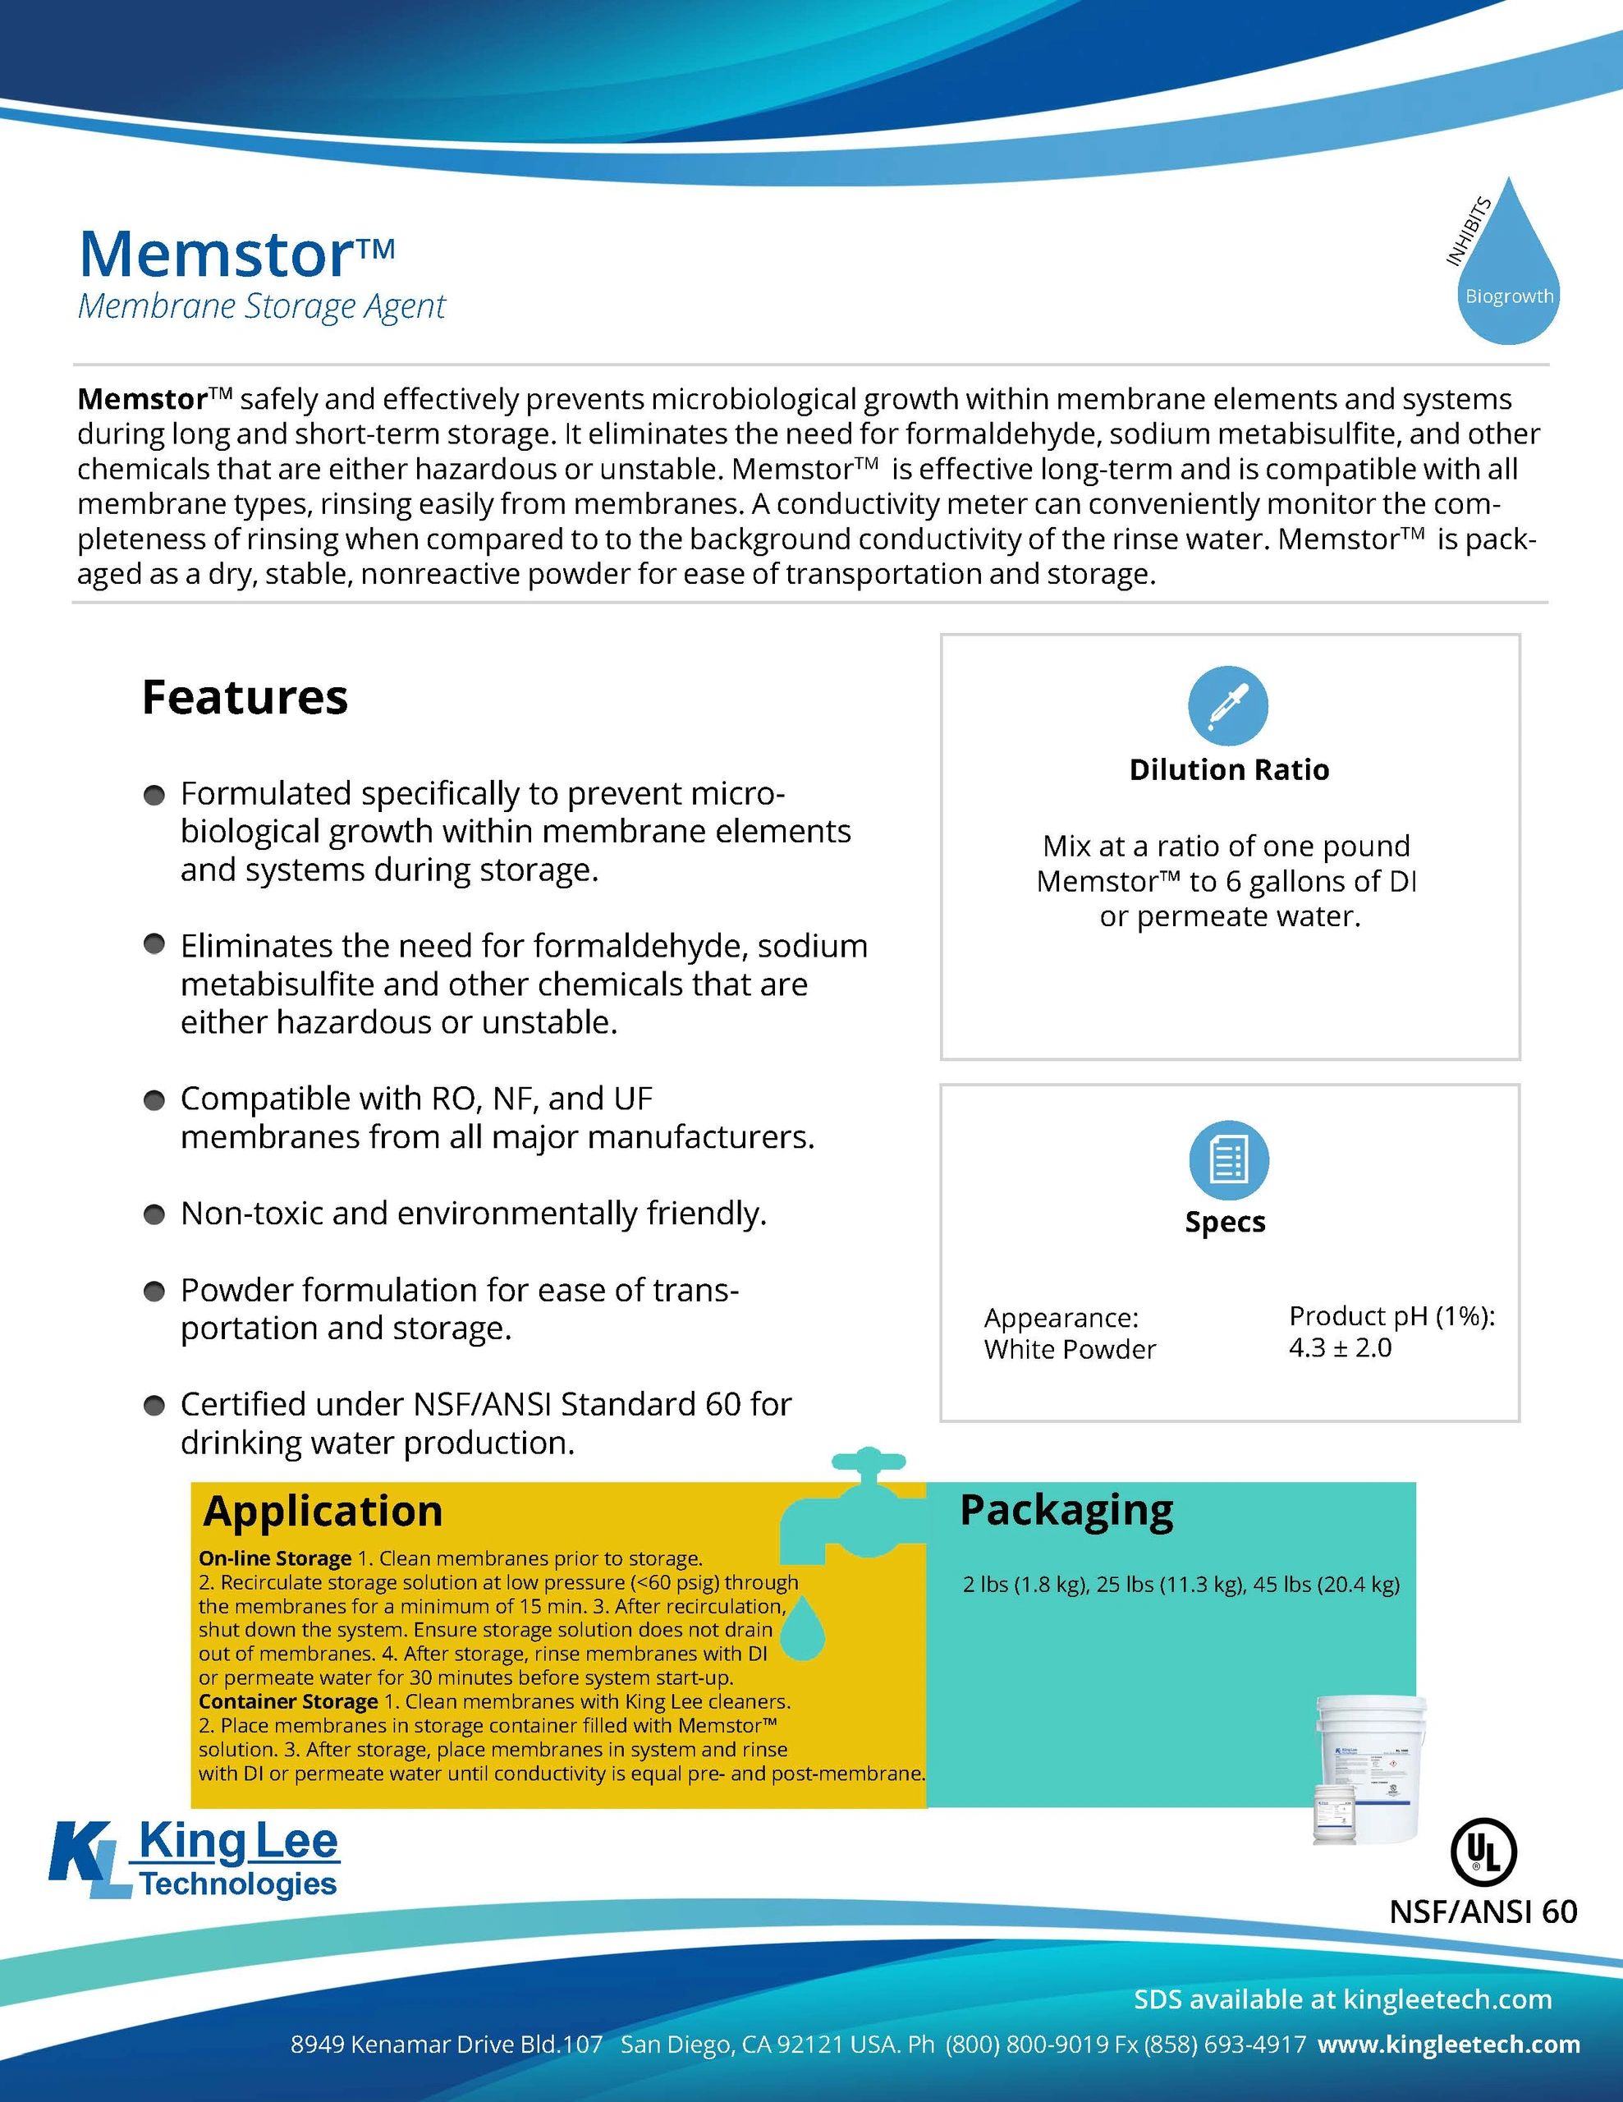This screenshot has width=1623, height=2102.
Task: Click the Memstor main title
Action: pyautogui.click(x=236, y=253)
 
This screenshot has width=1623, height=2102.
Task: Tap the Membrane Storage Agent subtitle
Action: pyautogui.click(x=261, y=306)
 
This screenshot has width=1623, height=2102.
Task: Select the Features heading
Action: pyautogui.click(x=245, y=697)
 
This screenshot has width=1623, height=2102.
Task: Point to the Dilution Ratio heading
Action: pyautogui.click(x=1229, y=770)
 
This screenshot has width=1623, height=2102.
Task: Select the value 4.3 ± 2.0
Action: pyautogui.click(x=1339, y=1347)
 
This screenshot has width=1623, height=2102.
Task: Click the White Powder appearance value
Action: pyautogui.click(x=1069, y=1349)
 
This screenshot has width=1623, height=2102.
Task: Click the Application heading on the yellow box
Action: pyautogui.click(x=323, y=1511)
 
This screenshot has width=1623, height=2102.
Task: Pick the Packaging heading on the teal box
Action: pyautogui.click(x=1066, y=1510)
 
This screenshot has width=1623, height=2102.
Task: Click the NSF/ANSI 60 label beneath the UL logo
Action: pyautogui.click(x=1483, y=1912)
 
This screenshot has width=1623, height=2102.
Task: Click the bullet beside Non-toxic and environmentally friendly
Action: pyautogui.click(x=154, y=1214)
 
